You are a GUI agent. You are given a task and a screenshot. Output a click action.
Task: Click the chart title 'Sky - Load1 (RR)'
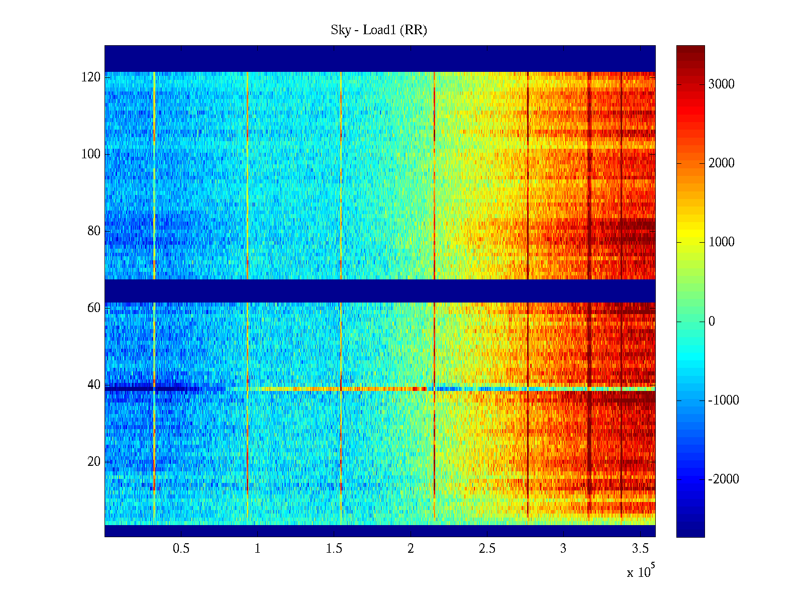pyautogui.click(x=379, y=30)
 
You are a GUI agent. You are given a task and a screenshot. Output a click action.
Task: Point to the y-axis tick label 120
pyautogui.click(x=91, y=77)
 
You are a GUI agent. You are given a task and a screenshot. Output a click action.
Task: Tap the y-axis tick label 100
pyautogui.click(x=91, y=154)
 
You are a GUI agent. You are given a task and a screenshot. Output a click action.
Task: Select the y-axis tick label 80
pyautogui.click(x=93, y=231)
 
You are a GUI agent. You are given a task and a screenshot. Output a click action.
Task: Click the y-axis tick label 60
pyautogui.click(x=93, y=308)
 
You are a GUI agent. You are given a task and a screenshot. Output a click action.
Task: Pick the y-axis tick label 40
pyautogui.click(x=93, y=385)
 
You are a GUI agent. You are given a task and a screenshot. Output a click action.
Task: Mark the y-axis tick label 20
pyautogui.click(x=93, y=462)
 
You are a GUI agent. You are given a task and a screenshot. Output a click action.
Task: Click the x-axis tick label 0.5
pyautogui.click(x=181, y=549)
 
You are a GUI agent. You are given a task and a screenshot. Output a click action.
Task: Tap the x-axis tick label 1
pyautogui.click(x=257, y=549)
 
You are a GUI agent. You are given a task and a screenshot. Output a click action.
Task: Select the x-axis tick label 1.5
pyautogui.click(x=334, y=549)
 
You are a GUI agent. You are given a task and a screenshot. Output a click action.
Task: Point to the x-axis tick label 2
pyautogui.click(x=411, y=549)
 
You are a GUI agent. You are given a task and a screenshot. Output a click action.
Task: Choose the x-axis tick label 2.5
pyautogui.click(x=487, y=549)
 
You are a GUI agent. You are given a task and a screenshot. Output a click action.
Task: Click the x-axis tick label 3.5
pyautogui.click(x=640, y=549)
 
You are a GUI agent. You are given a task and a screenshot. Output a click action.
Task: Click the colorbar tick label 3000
pyautogui.click(x=721, y=84)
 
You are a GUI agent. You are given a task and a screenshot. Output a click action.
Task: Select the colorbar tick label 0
pyautogui.click(x=712, y=322)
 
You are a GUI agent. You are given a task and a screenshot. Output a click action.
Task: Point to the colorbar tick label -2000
pyautogui.click(x=723, y=479)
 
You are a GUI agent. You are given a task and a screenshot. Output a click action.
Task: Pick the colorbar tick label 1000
pyautogui.click(x=721, y=242)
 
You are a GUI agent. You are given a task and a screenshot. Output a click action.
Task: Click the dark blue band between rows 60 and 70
pyautogui.click(x=380, y=290)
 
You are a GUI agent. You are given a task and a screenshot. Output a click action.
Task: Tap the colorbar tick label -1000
pyautogui.click(x=723, y=400)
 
